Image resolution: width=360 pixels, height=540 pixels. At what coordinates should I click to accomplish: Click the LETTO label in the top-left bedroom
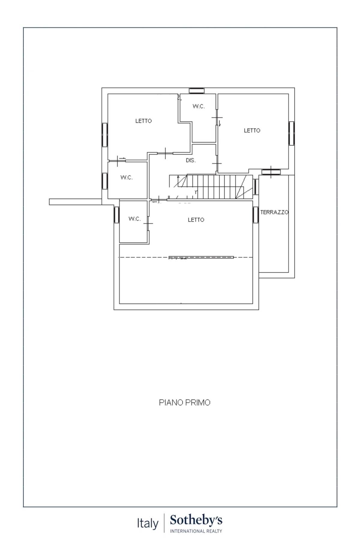tap(143, 121)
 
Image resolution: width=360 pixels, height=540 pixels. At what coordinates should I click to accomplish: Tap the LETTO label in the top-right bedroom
tap(252, 130)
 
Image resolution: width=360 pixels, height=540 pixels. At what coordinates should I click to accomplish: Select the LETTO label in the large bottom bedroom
tap(196, 220)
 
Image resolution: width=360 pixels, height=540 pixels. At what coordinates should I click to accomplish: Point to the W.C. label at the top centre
tap(199, 106)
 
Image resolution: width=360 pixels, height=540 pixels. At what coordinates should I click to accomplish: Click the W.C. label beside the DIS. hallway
tap(127, 178)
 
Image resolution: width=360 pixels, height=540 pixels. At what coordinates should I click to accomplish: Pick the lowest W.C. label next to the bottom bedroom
tap(134, 219)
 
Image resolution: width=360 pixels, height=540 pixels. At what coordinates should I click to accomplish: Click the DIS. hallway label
tap(191, 160)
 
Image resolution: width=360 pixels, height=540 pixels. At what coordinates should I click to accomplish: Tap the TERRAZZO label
tap(274, 212)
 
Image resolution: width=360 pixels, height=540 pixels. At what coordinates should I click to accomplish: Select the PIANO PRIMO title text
tap(184, 403)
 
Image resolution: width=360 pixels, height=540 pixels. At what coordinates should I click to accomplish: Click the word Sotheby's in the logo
tap(196, 520)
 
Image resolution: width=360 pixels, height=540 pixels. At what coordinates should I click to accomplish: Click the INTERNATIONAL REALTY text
tap(196, 531)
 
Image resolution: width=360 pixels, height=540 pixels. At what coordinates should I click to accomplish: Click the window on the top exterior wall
tap(197, 91)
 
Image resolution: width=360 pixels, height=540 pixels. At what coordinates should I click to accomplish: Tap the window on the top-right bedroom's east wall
tap(292, 133)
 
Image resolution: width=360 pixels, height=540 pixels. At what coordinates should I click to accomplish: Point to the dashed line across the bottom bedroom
tap(186, 257)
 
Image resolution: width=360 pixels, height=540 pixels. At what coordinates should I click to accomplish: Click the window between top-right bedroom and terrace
tap(271, 172)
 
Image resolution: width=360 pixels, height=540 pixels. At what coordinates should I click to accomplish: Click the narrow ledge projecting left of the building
tap(76, 202)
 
